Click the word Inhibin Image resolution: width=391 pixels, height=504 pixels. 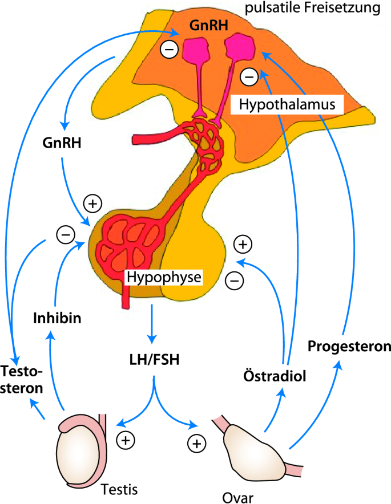click(56, 318)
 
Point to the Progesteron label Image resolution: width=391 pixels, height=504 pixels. click(349, 346)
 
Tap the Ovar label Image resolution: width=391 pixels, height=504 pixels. click(234, 495)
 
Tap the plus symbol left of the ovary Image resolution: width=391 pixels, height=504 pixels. click(196, 443)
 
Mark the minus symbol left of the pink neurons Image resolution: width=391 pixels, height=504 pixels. click(168, 50)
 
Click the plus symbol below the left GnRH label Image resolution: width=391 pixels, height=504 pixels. click(92, 202)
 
